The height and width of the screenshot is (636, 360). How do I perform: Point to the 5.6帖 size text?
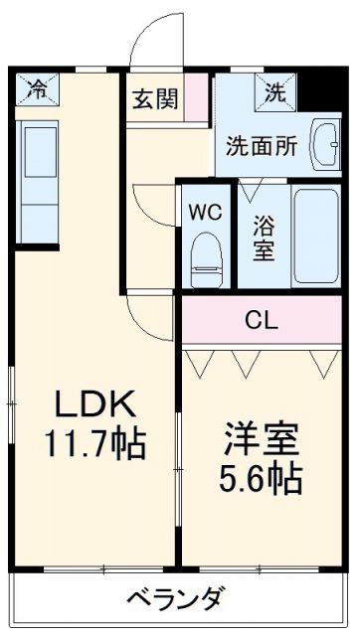point(263,480)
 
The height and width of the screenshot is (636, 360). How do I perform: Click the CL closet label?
point(263,320)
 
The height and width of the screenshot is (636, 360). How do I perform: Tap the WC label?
point(207,212)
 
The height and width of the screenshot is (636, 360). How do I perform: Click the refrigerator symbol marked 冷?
point(36,89)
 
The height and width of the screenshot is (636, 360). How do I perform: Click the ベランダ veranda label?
point(176,600)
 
